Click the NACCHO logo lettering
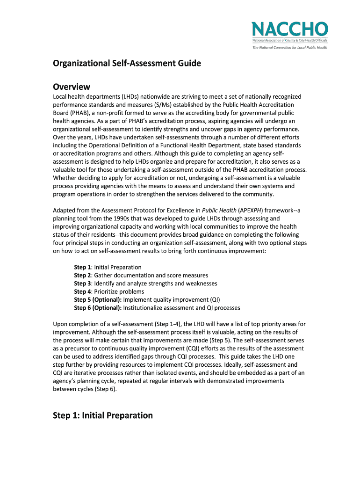coord(289,29)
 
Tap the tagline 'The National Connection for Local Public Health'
coord(289,47)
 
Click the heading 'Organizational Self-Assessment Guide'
coord(127,63)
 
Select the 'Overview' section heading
coord(72,87)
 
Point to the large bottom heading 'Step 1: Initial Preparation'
coord(103,415)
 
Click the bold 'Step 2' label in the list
coord(82,276)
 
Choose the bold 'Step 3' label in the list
coord(82,283)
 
